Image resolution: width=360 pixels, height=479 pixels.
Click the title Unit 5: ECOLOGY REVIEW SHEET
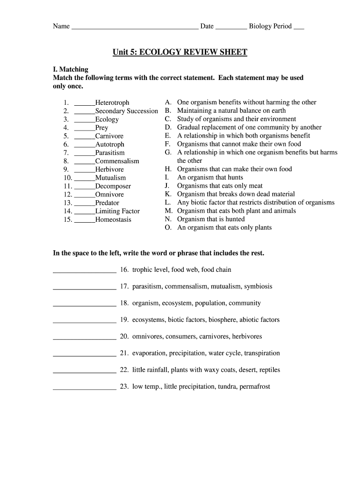180,52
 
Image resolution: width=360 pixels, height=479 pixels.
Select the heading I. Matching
71,69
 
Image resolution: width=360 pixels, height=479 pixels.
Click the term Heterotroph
112,102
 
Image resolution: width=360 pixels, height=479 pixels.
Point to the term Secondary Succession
127,111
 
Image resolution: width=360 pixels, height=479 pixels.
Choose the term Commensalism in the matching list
117,161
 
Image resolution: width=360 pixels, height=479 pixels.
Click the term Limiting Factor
117,211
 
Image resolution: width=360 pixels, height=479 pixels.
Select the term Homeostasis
114,219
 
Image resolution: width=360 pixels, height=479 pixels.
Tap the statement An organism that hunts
210,177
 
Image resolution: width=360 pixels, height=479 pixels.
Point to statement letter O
168,227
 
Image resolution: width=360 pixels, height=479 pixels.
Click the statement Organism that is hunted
211,219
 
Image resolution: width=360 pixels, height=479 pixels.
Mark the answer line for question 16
85,271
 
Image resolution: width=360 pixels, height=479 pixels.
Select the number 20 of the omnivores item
124,336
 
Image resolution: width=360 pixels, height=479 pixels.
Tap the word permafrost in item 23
255,386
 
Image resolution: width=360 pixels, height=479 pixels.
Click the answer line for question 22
85,371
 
